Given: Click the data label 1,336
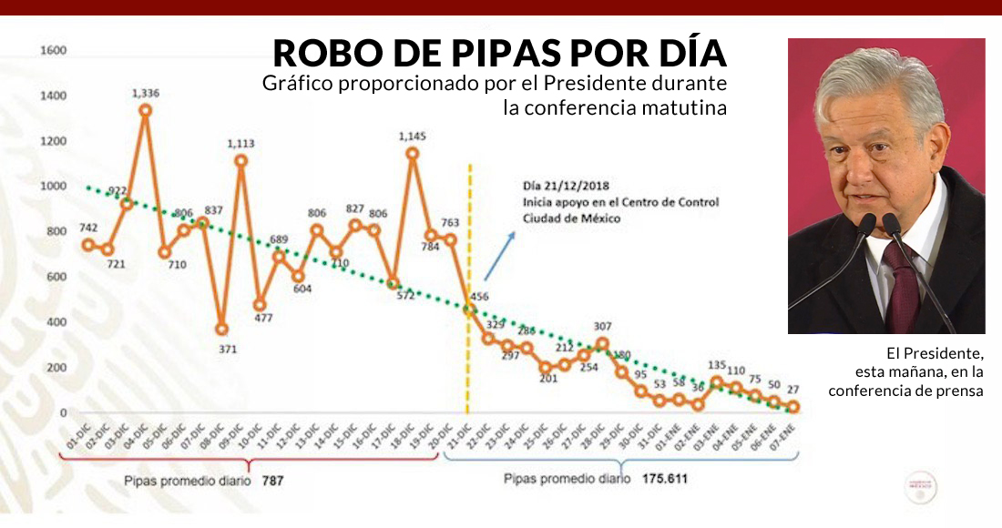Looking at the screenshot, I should coord(146,93).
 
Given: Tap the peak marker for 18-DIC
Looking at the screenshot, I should coord(412,154).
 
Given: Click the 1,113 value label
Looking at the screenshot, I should coord(241,143).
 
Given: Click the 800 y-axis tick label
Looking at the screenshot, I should coord(56,231).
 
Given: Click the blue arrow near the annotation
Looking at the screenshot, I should coord(498,255).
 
